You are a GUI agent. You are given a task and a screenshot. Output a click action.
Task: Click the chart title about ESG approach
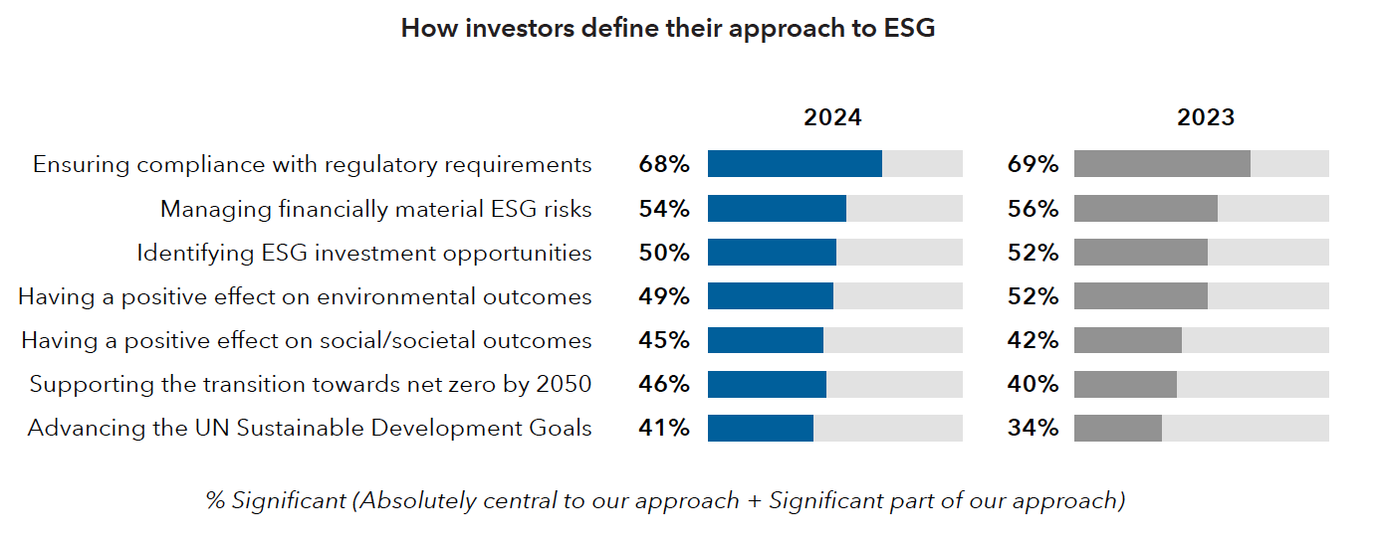click(668, 29)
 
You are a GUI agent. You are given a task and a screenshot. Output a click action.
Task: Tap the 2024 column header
click(832, 117)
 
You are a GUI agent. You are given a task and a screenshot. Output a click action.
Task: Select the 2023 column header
click(1206, 117)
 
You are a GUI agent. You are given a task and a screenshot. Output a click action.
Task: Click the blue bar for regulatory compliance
click(795, 164)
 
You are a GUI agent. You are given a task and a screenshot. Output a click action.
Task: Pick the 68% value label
click(664, 164)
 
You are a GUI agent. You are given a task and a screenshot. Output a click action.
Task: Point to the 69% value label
click(1034, 164)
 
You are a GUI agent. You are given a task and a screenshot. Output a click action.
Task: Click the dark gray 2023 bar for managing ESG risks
click(1146, 209)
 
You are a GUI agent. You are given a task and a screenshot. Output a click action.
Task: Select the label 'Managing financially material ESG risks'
click(375, 210)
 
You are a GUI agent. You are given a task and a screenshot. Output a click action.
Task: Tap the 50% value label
click(664, 253)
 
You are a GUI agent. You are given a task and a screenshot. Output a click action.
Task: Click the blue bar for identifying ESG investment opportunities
click(772, 253)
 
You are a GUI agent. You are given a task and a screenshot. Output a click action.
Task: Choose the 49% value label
click(664, 296)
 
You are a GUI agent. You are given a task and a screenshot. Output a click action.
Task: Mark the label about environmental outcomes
click(305, 297)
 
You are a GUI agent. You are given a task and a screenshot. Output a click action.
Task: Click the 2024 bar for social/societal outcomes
click(765, 340)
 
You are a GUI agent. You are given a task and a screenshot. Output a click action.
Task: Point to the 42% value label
click(1034, 340)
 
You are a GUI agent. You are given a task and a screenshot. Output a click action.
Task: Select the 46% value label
click(664, 384)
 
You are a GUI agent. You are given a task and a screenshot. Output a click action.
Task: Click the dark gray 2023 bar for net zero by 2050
click(1125, 385)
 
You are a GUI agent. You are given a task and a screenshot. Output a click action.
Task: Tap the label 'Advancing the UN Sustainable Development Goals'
click(310, 429)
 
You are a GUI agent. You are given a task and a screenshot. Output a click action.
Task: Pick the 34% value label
click(1034, 428)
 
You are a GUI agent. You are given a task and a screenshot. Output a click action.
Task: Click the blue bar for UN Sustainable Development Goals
click(761, 429)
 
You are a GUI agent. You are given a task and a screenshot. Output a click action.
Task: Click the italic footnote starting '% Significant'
click(665, 501)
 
